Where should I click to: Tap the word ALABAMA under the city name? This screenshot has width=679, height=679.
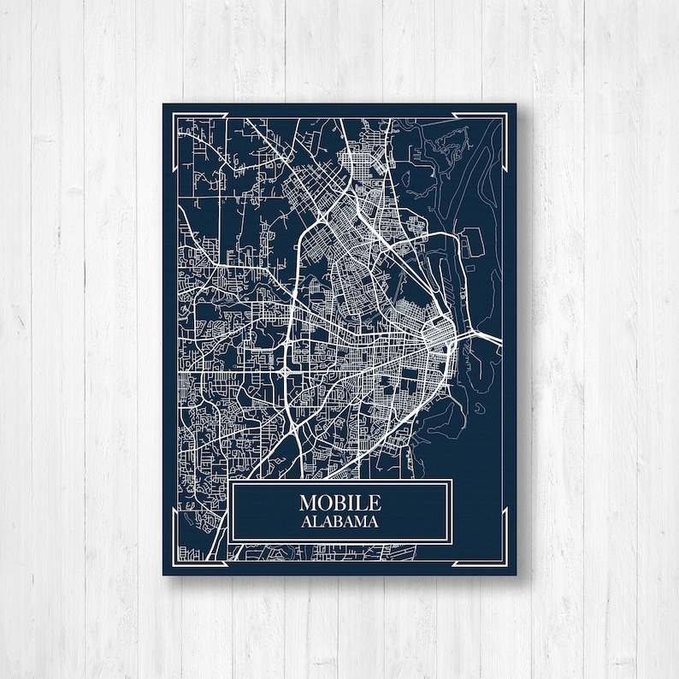[x=340, y=522]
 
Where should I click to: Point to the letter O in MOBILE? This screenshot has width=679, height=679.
[x=326, y=503]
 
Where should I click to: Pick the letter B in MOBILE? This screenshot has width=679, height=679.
[x=340, y=503]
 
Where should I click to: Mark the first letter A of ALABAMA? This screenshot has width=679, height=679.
[x=306, y=522]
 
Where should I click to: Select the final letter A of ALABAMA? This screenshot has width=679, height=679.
[x=375, y=522]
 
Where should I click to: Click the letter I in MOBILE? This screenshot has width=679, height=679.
[x=351, y=503]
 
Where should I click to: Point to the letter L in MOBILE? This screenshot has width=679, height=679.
[x=361, y=503]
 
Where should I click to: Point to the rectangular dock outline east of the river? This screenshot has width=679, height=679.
[x=466, y=245]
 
